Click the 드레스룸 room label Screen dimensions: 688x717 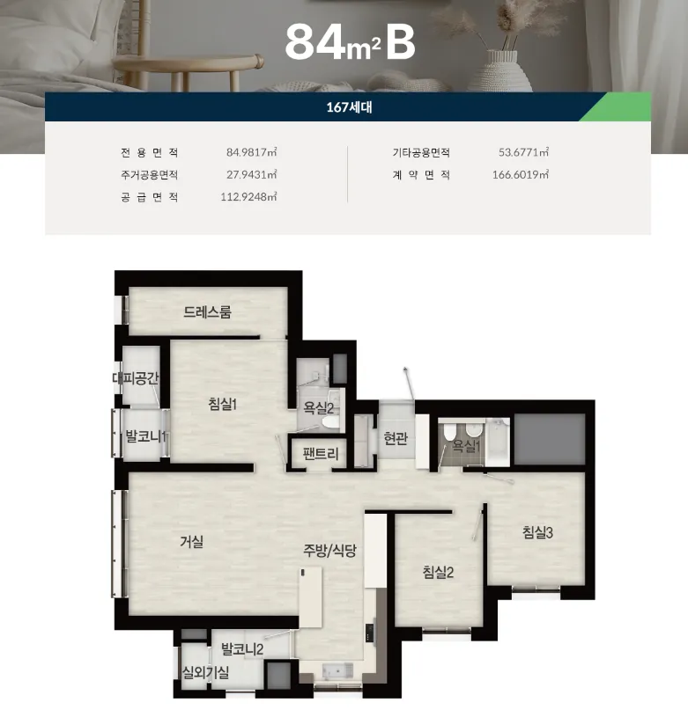207,311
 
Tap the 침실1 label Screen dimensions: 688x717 222,404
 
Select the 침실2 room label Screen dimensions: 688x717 438,572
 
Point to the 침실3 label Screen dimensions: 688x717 538,531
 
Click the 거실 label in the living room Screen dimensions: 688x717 192,542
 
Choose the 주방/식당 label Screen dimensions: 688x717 329,550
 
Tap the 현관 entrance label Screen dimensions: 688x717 396,438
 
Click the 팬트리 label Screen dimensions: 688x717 321,454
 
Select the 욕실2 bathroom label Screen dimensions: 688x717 319,408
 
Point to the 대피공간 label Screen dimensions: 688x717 136,378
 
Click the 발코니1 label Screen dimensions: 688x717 145,435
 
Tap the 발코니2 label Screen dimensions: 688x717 242,649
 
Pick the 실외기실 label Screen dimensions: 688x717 205,672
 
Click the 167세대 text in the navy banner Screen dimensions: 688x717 349,107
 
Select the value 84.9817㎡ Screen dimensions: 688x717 251,152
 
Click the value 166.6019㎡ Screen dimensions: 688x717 520,174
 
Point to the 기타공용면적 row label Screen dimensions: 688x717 421,152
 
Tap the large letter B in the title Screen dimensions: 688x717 401,42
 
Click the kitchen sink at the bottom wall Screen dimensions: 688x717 337,670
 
